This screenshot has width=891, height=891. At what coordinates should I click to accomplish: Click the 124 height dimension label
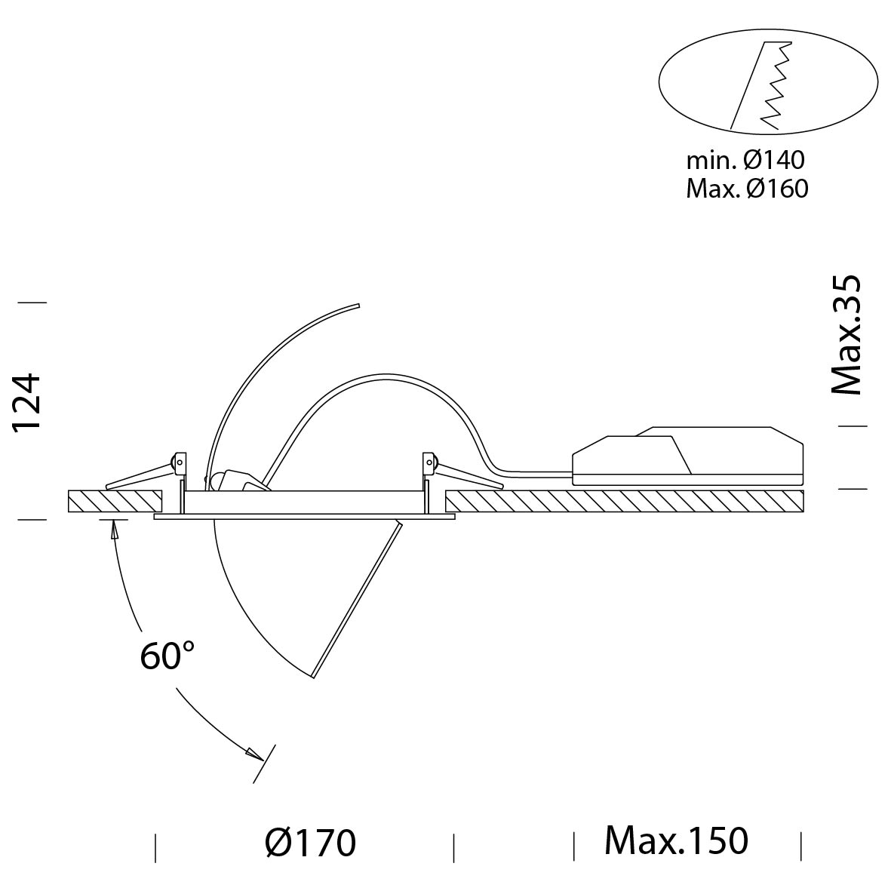27,402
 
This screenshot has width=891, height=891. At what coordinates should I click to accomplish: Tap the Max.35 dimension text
846,335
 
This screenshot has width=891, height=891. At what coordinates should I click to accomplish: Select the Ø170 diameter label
310,842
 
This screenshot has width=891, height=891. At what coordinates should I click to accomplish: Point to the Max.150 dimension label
676,840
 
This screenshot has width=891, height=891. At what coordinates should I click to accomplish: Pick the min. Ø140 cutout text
745,160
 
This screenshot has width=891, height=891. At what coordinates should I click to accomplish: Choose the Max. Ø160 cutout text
747,188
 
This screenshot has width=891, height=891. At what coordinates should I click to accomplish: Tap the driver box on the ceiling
687,456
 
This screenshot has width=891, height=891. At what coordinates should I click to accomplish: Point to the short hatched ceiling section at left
115,501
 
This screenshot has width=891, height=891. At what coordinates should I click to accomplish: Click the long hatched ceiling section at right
625,501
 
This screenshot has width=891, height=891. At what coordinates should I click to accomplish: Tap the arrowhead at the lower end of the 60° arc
254,754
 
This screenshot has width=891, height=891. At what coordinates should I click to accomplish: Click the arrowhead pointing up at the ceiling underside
114,530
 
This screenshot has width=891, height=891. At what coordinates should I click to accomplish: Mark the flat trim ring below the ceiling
304,517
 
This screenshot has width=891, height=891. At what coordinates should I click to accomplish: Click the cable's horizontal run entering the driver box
534,471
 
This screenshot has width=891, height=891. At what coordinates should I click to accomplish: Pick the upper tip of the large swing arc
359,306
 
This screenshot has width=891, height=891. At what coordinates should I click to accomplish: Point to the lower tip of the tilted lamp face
313,677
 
